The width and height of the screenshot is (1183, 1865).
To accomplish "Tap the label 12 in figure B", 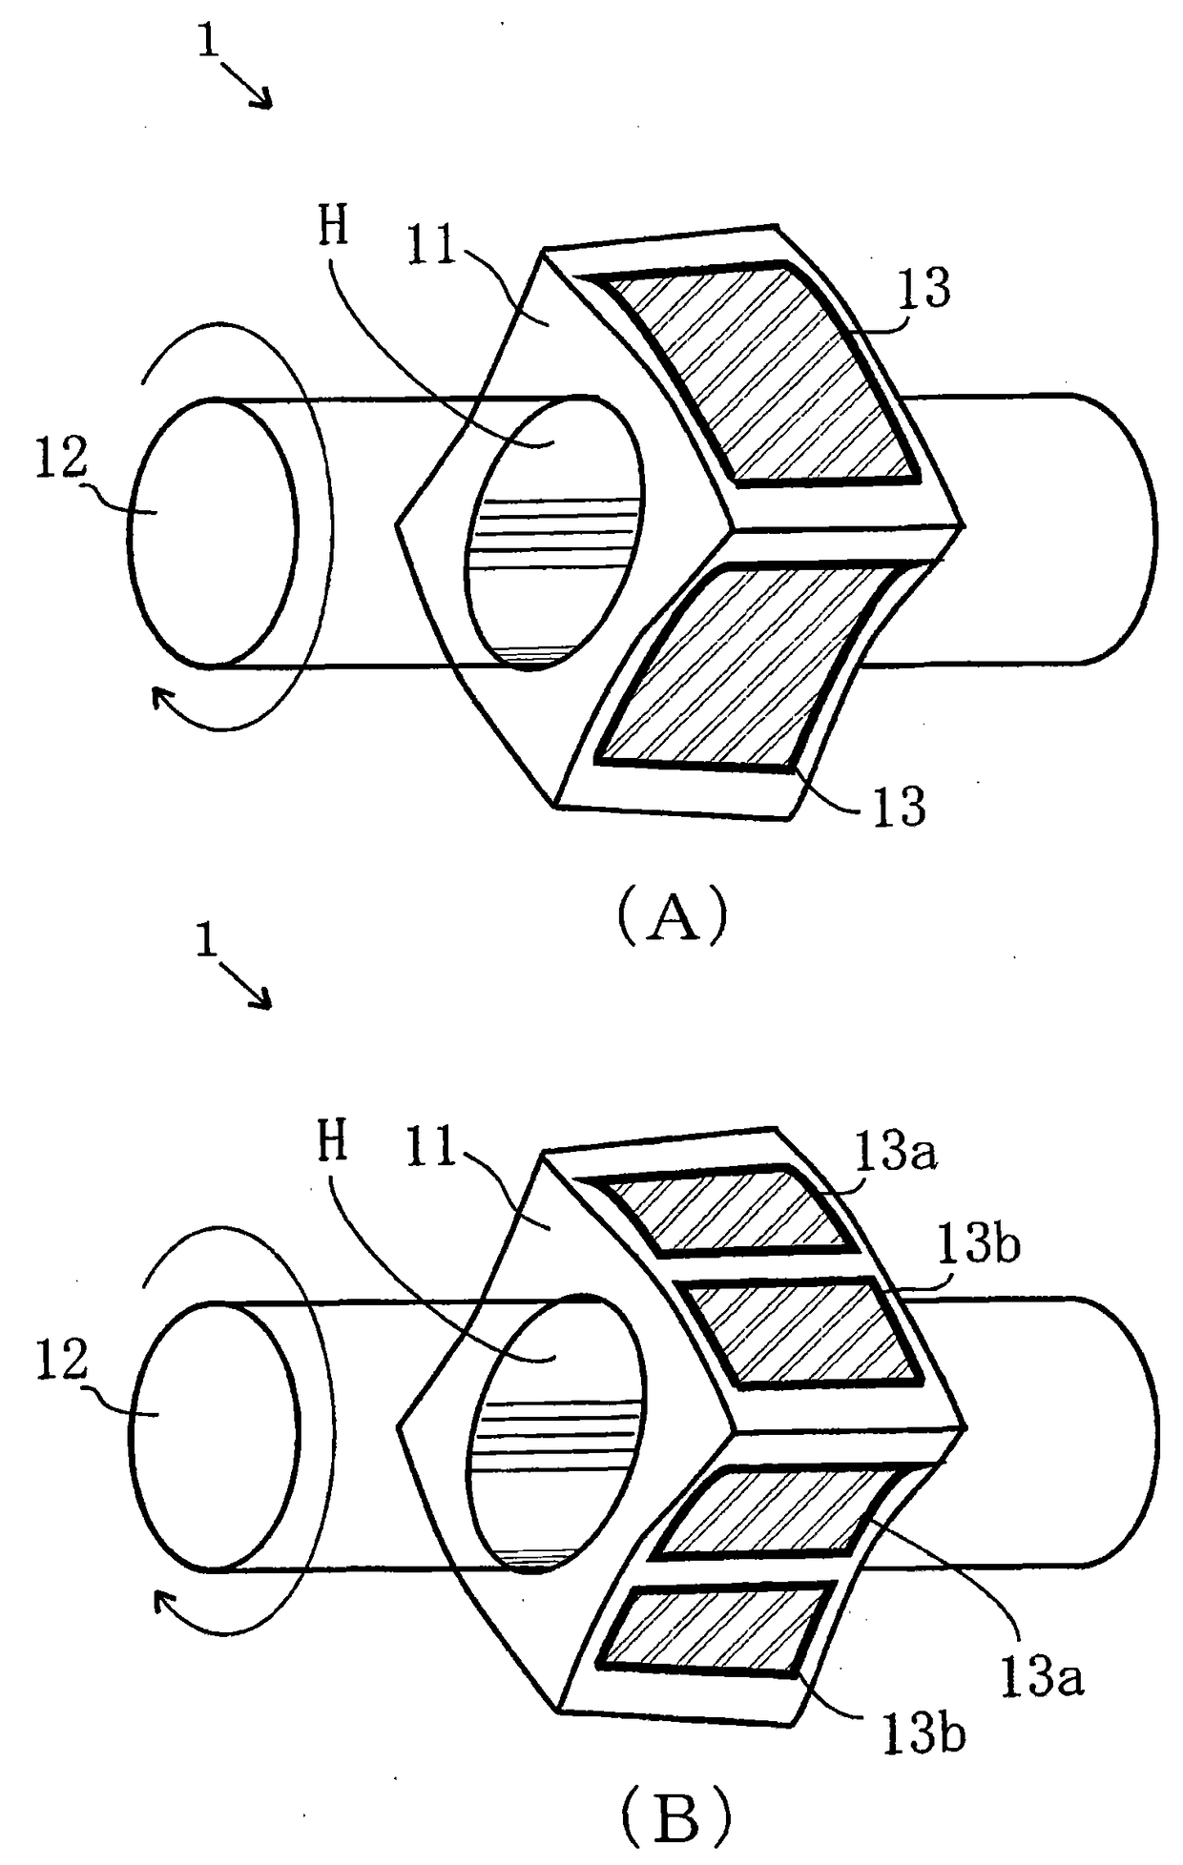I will pos(61,1361).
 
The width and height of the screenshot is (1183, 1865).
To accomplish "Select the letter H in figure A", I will pos(333,228).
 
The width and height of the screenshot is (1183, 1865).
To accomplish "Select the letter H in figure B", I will pos(333,1142).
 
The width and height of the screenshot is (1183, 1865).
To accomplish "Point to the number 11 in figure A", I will pos(432,246).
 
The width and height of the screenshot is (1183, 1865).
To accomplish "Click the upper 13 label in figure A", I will pos(923,288).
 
